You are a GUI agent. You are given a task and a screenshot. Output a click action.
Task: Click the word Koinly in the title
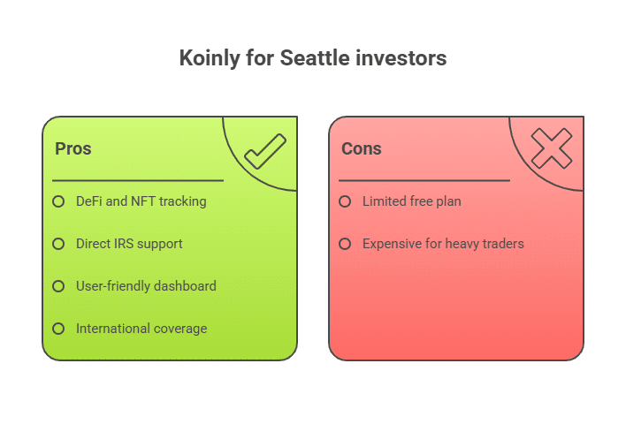click(209, 58)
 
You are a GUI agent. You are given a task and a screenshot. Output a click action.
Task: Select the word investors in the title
click(401, 57)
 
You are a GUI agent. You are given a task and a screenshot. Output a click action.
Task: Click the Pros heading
click(73, 148)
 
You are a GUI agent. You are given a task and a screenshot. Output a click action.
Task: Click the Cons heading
click(362, 148)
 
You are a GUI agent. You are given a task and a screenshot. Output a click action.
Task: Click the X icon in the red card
click(552, 148)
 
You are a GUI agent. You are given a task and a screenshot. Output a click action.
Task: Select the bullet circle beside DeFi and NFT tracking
click(58, 201)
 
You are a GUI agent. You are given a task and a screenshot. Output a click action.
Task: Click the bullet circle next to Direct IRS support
click(58, 244)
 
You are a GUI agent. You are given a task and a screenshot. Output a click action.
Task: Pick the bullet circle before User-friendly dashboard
click(58, 286)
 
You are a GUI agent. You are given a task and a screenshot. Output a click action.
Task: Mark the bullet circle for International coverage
click(58, 329)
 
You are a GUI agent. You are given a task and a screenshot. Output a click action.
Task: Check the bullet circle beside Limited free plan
click(345, 201)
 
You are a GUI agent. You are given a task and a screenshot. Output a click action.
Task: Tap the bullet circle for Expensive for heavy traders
click(345, 244)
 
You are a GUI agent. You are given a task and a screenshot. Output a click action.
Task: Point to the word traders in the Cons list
click(503, 244)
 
